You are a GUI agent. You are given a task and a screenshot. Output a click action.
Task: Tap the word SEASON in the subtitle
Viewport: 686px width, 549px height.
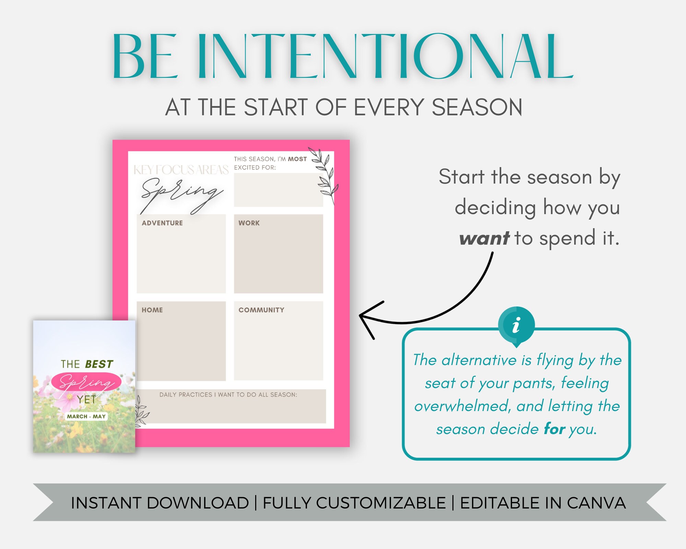coord(477,107)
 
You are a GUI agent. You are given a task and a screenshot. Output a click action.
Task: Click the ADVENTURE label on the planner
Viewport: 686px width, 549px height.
coord(162,223)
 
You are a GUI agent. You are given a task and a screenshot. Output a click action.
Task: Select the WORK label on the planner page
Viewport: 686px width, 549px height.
coord(249,223)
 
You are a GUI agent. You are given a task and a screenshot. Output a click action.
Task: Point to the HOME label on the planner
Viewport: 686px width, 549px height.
coord(152,310)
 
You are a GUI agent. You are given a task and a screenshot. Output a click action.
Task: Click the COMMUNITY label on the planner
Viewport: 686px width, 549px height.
coord(261,310)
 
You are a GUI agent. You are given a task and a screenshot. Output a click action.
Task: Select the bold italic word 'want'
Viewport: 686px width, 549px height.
coord(484,238)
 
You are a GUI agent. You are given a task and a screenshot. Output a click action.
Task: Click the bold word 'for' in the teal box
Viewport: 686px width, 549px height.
coord(554,429)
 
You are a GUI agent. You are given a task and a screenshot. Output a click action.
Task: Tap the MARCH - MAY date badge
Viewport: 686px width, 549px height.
coord(86,416)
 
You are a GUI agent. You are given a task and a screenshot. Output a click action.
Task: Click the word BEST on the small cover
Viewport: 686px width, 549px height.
coord(99,364)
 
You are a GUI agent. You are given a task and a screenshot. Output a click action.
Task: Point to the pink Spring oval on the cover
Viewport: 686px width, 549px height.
coord(86,382)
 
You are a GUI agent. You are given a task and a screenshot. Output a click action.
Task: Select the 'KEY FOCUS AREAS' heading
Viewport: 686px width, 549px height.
coord(181,170)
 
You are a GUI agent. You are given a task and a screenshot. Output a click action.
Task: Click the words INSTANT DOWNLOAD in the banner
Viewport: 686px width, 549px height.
coord(160,503)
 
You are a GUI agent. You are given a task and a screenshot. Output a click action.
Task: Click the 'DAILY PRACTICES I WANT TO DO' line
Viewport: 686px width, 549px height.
coord(228,395)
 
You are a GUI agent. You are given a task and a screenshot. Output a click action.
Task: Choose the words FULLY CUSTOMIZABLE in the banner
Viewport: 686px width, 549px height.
coord(354,503)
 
